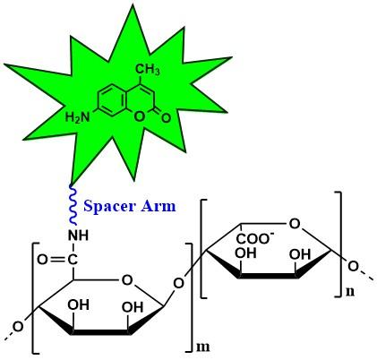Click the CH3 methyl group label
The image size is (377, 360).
[x=148, y=70]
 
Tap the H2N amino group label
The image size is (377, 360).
[x=77, y=116]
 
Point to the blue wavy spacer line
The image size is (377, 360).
[x=73, y=205]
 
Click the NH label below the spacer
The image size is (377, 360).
[x=79, y=236]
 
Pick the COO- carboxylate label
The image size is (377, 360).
[x=255, y=238]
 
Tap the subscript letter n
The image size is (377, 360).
[x=350, y=292]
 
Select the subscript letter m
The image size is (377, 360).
[x=203, y=347]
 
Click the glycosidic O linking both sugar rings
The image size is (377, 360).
[x=179, y=283]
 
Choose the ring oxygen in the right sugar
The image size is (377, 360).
[x=295, y=223]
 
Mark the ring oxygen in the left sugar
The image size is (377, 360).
[x=127, y=280]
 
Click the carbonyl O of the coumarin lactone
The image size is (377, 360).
[x=166, y=117]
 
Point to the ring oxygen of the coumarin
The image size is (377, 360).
[x=139, y=117]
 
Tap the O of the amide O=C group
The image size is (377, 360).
[x=42, y=260]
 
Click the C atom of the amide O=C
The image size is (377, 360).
[x=72, y=260]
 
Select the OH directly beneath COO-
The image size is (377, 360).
[x=245, y=253]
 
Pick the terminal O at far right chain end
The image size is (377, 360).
[x=353, y=266]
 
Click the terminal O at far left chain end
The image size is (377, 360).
[x=18, y=327]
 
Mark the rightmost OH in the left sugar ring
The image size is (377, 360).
[x=133, y=307]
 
